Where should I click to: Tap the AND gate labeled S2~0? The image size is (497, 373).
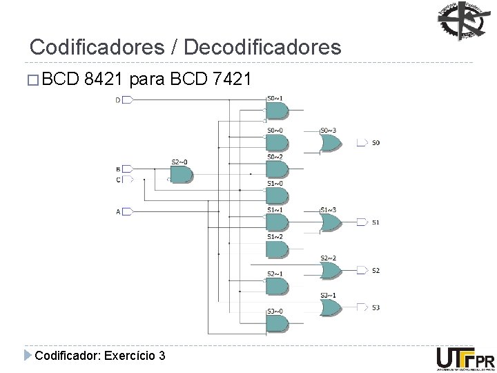[x=181, y=175]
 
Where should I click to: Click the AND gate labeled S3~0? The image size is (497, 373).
[x=276, y=324]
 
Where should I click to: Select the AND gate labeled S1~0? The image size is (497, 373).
[x=276, y=195]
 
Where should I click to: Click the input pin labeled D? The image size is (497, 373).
[x=126, y=100]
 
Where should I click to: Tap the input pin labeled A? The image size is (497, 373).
[x=126, y=212]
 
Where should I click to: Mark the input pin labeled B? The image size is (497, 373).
[x=126, y=169]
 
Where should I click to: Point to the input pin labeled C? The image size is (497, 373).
[x=126, y=180]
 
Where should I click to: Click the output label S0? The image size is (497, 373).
[x=376, y=143]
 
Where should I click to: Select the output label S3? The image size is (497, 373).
[x=376, y=307]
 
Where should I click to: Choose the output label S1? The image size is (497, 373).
[x=376, y=222]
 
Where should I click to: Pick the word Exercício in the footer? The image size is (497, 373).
[x=128, y=356]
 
